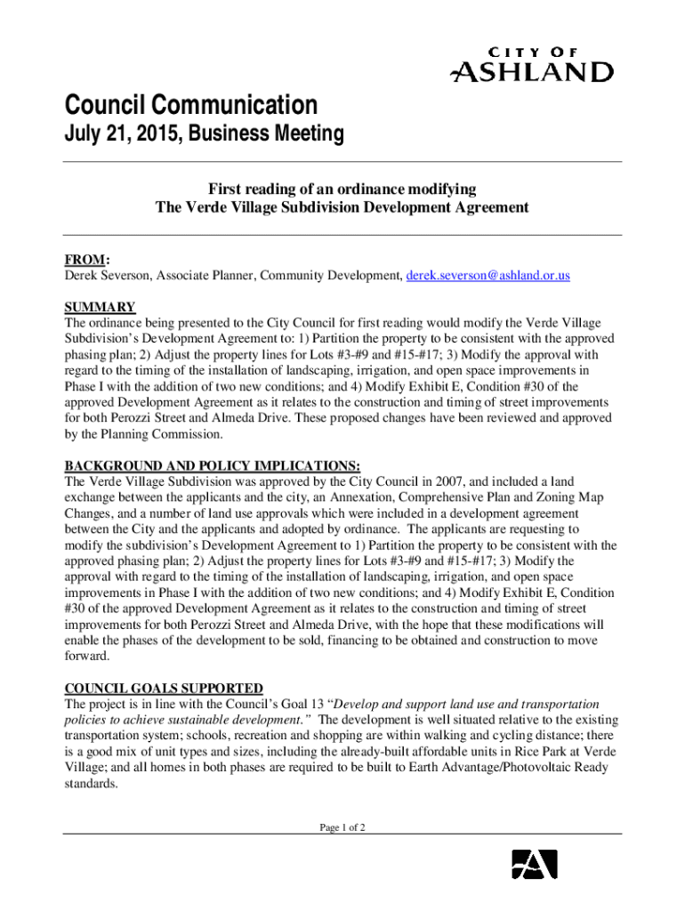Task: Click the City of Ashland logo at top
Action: (532, 64)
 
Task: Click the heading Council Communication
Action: (190, 106)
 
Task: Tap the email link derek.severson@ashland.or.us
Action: (488, 276)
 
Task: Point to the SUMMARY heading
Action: (100, 307)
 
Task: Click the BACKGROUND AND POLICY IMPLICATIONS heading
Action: (213, 466)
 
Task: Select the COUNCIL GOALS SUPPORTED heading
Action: (164, 688)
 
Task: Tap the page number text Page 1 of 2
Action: (342, 827)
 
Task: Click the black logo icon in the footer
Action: (534, 864)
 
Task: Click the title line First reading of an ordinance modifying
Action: (342, 189)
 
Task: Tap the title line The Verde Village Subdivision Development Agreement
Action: (342, 207)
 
